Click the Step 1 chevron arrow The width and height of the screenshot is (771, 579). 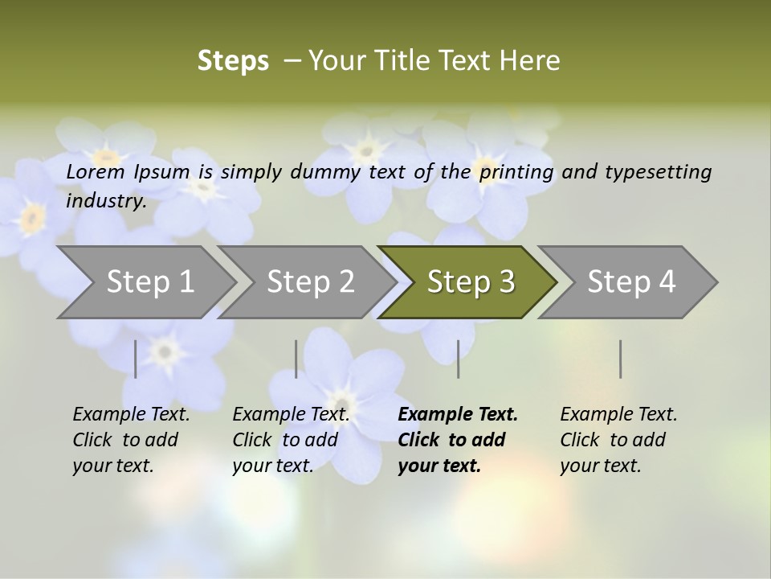149,282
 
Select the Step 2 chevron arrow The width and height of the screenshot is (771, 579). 310,282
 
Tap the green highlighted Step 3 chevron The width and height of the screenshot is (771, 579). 471,282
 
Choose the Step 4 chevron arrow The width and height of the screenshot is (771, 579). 631,282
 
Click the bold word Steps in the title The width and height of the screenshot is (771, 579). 233,61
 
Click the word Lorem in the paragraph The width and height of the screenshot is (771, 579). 95,171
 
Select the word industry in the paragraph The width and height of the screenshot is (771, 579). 106,200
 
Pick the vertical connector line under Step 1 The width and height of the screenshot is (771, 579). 136,359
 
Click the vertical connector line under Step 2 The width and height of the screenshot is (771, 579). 296,359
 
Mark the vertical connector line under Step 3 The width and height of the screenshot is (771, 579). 459,359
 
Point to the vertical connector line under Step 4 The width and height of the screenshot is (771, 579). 621,359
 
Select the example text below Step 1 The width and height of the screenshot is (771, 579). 131,440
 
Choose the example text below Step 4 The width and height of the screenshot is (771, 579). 618,440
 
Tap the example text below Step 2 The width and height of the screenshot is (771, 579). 291,440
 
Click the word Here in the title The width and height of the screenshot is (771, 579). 531,61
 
